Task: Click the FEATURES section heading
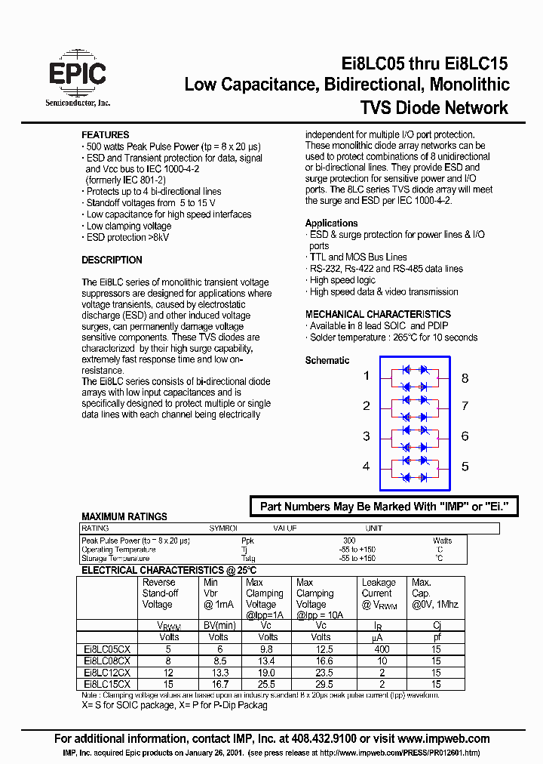[x=105, y=135]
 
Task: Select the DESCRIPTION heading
[x=112, y=260]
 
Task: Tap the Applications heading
[x=331, y=223]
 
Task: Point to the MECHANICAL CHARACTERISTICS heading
[x=378, y=315]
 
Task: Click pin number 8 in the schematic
[x=465, y=377]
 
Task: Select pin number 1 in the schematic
[x=367, y=376]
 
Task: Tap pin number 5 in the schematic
[x=465, y=467]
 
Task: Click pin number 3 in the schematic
[x=367, y=436]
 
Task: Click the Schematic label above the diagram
[x=327, y=361]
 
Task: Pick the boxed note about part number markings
[x=384, y=507]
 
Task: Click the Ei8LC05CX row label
[x=107, y=648]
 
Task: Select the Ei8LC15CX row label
[x=107, y=683]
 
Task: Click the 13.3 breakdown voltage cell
[x=217, y=672]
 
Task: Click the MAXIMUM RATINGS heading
[x=124, y=517]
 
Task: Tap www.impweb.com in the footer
[x=443, y=739]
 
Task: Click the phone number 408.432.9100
[x=339, y=739]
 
